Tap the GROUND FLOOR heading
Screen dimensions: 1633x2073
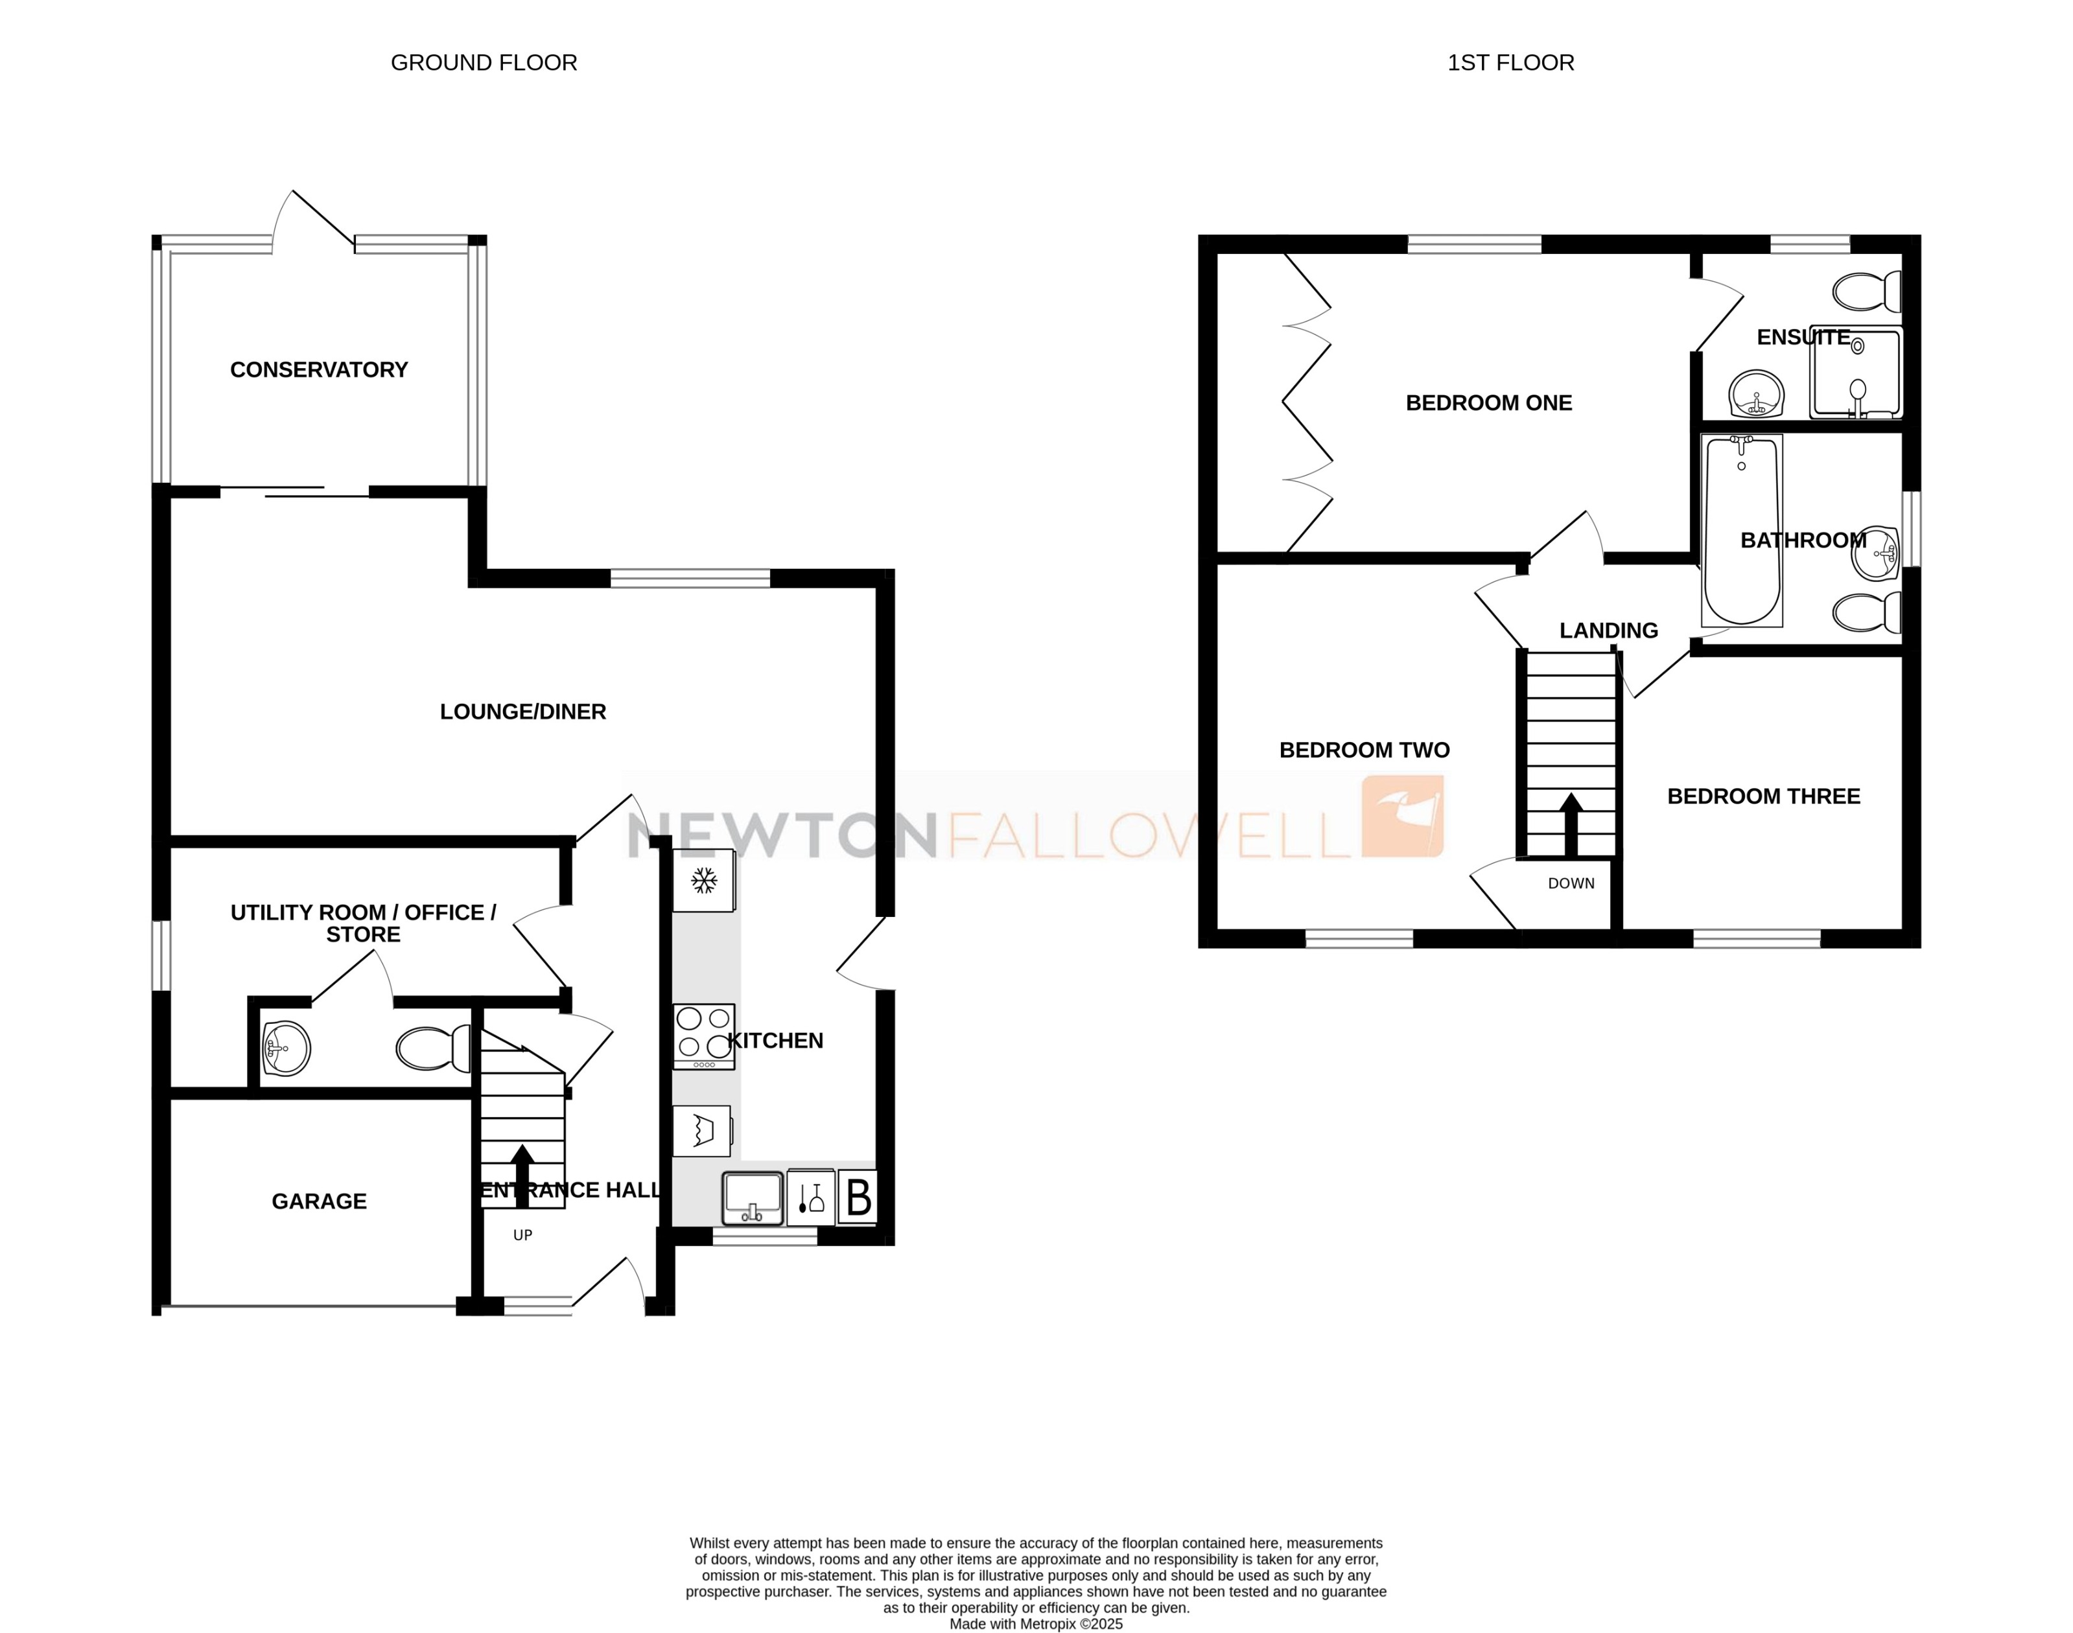484,63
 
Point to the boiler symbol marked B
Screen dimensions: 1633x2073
858,1197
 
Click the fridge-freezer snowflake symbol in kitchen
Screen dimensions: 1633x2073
704,881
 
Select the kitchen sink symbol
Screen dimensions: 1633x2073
753,1197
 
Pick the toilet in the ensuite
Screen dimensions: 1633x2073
1866,292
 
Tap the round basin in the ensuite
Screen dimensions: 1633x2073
1757,394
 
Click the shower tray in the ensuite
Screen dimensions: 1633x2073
1856,374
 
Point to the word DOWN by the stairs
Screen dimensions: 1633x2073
1571,883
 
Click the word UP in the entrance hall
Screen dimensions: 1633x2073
522,1235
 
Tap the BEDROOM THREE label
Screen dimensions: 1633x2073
1763,796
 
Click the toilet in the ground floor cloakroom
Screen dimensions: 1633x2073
433,1049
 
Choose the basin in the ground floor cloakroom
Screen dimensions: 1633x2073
286,1049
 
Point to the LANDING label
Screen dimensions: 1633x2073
1608,631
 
